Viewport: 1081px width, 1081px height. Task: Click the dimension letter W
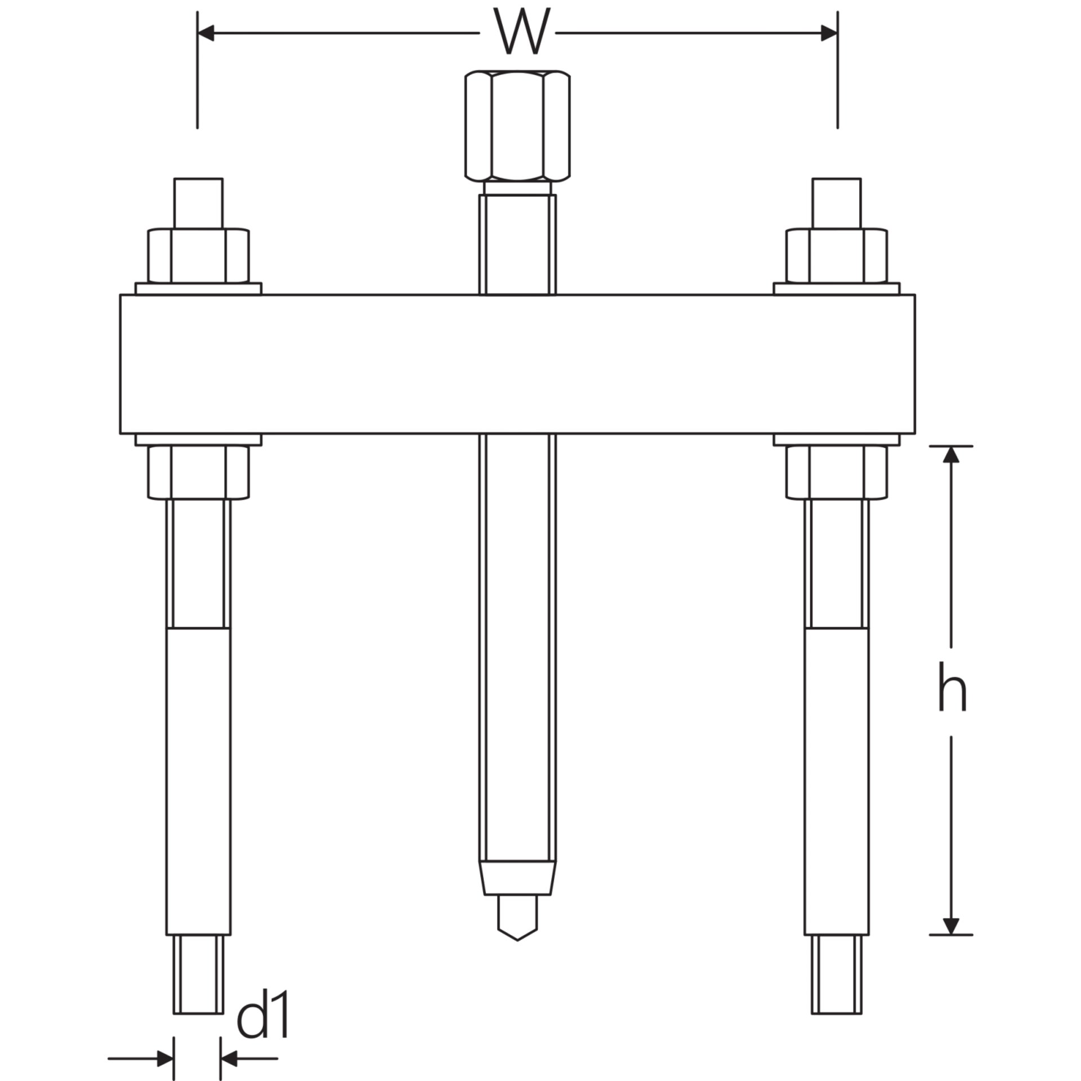(517, 32)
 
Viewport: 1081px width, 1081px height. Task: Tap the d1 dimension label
(262, 984)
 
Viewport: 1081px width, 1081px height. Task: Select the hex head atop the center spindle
(517, 126)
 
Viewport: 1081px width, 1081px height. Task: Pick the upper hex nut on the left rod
(198, 255)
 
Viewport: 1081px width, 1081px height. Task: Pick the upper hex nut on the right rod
(836, 255)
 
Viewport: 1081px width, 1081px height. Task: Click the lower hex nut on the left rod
(198, 472)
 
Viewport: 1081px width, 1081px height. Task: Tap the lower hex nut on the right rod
(836, 472)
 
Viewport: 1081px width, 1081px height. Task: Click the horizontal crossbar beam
(517, 364)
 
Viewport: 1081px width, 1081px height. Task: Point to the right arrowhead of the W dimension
(829, 33)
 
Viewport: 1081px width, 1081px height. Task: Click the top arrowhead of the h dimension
(951, 454)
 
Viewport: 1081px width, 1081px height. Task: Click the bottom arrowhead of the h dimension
(951, 926)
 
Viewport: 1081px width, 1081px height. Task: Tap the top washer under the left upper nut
(198, 288)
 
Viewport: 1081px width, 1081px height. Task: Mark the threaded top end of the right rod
(836, 203)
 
